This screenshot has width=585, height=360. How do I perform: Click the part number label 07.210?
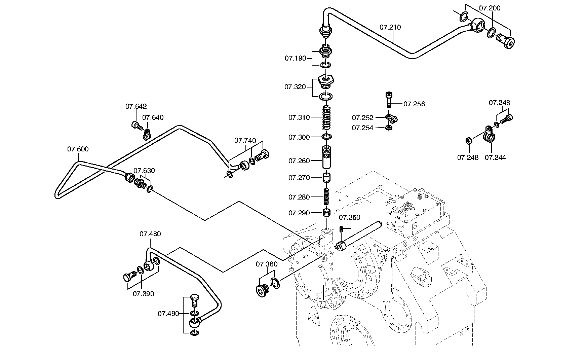click(x=390, y=27)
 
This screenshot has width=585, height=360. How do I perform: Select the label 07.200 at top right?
click(x=490, y=8)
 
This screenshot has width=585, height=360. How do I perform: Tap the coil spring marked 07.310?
click(x=326, y=117)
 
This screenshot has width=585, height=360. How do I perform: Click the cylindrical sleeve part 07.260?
click(x=327, y=157)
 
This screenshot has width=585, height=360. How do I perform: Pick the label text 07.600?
click(x=78, y=149)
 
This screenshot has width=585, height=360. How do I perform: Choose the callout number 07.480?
click(x=150, y=234)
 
